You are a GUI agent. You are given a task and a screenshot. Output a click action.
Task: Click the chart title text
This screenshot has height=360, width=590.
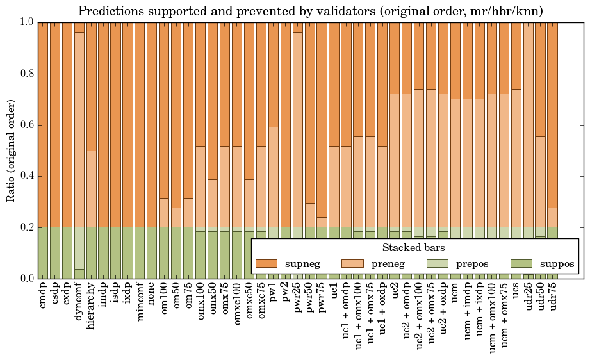(311, 11)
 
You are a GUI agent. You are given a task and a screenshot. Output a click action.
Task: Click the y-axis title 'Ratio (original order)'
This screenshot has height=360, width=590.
(11, 150)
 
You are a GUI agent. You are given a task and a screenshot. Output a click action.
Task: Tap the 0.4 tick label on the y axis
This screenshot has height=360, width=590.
(26, 176)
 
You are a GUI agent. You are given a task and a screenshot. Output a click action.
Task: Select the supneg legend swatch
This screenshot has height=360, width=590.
(266, 264)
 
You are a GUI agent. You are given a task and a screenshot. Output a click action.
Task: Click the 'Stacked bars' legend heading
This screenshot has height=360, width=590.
(414, 247)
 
